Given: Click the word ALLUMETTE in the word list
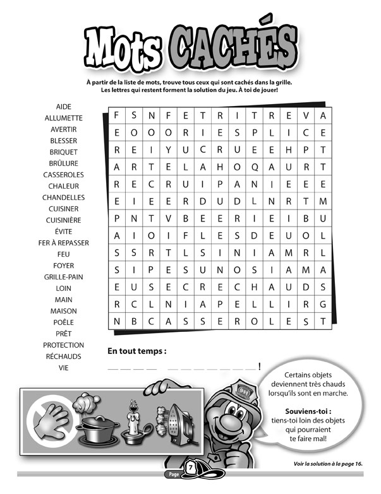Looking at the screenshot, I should [x=63, y=118].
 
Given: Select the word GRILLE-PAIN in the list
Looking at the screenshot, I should [x=63, y=277].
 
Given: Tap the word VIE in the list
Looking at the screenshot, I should [x=63, y=368].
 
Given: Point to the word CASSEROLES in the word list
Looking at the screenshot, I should [x=63, y=175].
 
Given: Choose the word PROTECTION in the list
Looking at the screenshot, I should [x=63, y=345].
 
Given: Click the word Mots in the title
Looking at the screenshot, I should [x=126, y=50].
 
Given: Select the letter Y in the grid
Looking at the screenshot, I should [x=169, y=150].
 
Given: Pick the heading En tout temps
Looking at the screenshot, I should [x=136, y=351].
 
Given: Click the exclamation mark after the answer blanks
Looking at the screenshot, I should [x=260, y=367].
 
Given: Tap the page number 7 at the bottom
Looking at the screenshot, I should [x=190, y=468].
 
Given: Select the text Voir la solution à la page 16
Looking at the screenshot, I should [x=328, y=464].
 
